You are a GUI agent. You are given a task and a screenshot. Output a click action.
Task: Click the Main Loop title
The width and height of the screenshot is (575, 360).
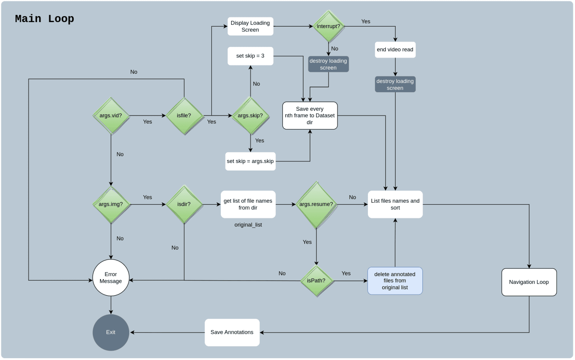pyautogui.click(x=45, y=19)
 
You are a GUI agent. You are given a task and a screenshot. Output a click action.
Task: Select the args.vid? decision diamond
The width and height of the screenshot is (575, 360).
pyautogui.click(x=111, y=116)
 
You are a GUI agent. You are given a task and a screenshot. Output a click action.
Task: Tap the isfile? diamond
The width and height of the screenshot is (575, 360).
pyautogui.click(x=184, y=116)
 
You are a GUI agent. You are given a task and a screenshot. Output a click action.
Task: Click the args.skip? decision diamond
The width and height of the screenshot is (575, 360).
pyautogui.click(x=250, y=116)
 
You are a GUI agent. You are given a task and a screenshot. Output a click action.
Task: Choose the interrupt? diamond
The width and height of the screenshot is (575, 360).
pyautogui.click(x=328, y=26)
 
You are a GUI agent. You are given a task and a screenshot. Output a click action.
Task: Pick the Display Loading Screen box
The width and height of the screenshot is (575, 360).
pyautogui.click(x=250, y=26)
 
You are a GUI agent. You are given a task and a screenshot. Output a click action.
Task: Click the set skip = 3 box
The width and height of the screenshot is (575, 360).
pyautogui.click(x=250, y=56)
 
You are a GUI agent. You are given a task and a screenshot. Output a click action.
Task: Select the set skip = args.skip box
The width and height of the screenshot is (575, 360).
pyautogui.click(x=250, y=161)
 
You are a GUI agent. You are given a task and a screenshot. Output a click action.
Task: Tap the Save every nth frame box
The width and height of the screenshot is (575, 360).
pyautogui.click(x=310, y=116)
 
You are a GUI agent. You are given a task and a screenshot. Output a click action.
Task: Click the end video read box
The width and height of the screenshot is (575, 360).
pyautogui.click(x=395, y=49)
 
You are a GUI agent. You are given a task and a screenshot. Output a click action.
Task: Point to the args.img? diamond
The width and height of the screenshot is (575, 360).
pyautogui.click(x=111, y=205)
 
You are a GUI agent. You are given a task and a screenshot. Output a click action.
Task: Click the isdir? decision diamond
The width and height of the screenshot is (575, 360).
pyautogui.click(x=184, y=205)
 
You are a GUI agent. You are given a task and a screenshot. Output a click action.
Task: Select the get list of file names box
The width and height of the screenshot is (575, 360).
pyautogui.click(x=248, y=205)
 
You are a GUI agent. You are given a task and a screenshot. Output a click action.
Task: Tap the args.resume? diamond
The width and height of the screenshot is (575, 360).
pyautogui.click(x=316, y=205)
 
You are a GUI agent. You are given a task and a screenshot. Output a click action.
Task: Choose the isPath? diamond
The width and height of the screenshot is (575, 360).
pyautogui.click(x=316, y=281)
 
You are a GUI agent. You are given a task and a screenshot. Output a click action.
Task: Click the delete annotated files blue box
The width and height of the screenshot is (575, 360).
pyautogui.click(x=395, y=281)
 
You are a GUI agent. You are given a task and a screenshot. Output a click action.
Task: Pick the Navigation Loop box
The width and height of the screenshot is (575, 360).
pyautogui.click(x=529, y=282)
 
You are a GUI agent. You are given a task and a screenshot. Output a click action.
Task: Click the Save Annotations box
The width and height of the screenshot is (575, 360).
pyautogui.click(x=232, y=332)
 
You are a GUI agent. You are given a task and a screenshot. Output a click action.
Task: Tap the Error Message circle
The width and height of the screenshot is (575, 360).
pyautogui.click(x=111, y=278)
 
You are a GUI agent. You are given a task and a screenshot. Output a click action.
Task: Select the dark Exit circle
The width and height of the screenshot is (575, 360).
pyautogui.click(x=111, y=332)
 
